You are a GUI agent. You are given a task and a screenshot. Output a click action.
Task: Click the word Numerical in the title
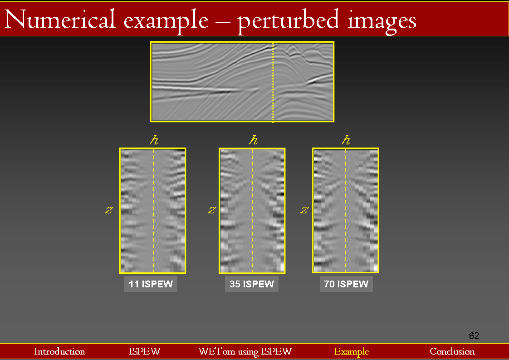click(60, 20)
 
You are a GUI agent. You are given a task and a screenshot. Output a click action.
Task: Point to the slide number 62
click(474, 335)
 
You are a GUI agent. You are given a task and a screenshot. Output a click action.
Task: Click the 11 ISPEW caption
click(151, 284)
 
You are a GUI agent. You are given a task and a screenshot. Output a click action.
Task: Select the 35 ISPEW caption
click(252, 284)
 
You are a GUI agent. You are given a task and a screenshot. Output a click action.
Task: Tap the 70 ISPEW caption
click(346, 284)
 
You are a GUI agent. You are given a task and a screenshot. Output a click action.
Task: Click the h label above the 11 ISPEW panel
click(154, 140)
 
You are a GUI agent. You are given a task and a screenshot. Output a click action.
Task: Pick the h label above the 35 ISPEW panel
click(253, 140)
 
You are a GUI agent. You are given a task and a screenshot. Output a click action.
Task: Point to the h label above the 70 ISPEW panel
click(346, 140)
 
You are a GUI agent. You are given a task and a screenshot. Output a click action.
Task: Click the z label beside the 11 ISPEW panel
click(109, 210)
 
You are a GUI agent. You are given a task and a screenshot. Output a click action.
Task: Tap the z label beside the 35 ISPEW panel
click(212, 210)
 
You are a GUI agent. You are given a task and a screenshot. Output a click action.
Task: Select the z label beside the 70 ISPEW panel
click(304, 210)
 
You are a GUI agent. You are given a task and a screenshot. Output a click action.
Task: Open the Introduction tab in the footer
click(59, 351)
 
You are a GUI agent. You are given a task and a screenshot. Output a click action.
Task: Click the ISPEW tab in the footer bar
click(144, 351)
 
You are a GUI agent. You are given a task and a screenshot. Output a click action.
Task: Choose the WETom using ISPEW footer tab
click(245, 352)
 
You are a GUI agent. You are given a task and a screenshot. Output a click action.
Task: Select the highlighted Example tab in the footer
click(352, 352)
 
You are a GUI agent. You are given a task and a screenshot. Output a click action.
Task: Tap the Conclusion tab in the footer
click(452, 351)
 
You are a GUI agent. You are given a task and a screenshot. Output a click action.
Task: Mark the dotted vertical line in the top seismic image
click(273, 82)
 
